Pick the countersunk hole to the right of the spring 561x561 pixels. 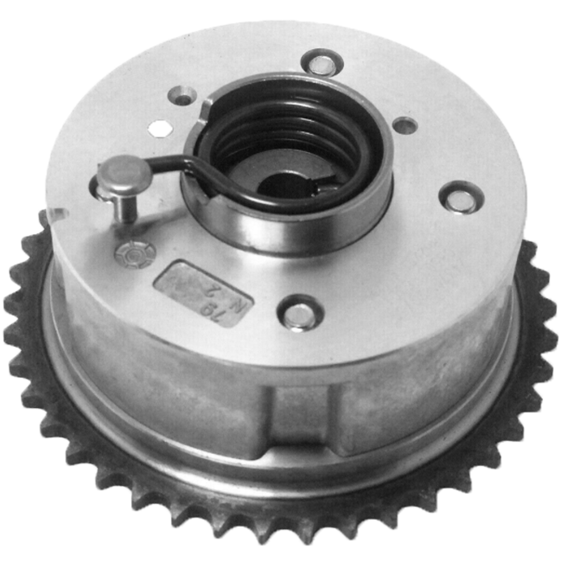click(x=405, y=125)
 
